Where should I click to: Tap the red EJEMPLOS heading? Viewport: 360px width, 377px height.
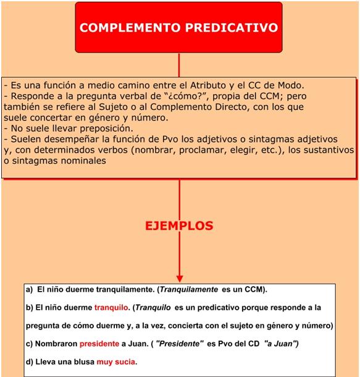pyautogui.click(x=179, y=226)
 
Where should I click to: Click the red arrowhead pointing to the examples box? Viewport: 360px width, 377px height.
pyautogui.click(x=180, y=277)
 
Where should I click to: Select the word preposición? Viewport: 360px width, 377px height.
pyautogui.click(x=104, y=129)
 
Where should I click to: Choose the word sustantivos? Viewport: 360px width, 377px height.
pyautogui.click(x=331, y=150)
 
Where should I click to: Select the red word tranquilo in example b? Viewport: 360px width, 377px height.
pyautogui.click(x=111, y=307)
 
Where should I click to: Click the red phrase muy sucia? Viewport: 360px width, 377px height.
pyautogui.click(x=116, y=362)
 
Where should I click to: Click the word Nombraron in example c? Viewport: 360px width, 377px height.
pyautogui.click(x=56, y=344)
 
